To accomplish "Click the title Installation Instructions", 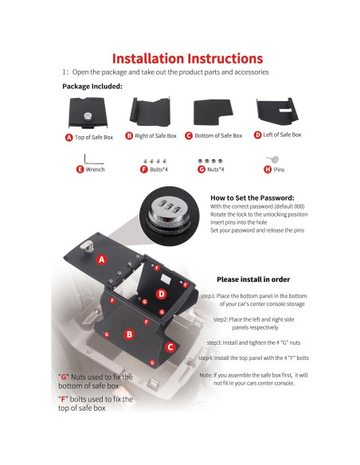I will coord(187,58).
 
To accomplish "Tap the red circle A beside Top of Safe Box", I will coord(68,137).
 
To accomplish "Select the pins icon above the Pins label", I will coord(274,158).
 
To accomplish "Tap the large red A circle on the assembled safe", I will coord(101,260).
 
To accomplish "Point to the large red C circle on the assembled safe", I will coord(170,346).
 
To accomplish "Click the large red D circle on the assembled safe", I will coord(162,294).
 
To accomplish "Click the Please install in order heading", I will coord(253,279).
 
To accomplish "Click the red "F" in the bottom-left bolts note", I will coord(62,398).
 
